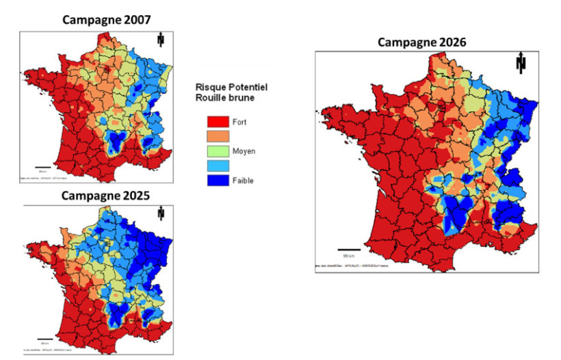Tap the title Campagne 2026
point(421,42)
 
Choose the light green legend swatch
point(217,151)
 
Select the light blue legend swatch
point(217,165)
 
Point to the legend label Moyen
point(244,151)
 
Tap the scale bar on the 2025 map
point(44,339)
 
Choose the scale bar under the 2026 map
point(349,249)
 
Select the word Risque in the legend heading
point(210,88)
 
